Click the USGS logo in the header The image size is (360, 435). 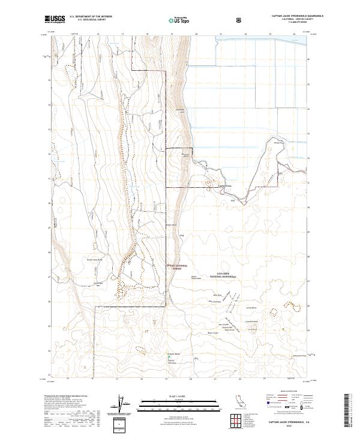click(55, 20)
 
